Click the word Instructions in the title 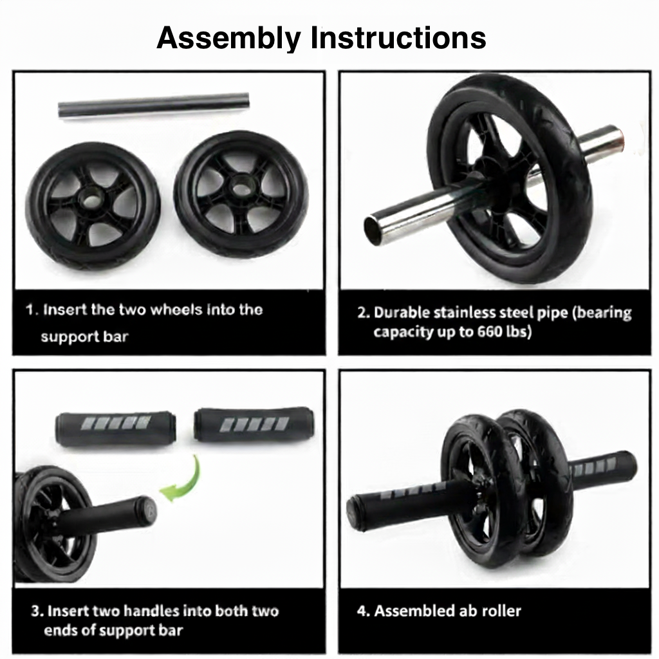coord(398,39)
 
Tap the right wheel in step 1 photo coord(241,193)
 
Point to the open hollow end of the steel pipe coord(375,229)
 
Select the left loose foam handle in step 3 coord(115,427)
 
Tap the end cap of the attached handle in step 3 coord(148,510)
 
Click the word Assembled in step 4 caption coord(416,611)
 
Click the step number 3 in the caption coord(35,611)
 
